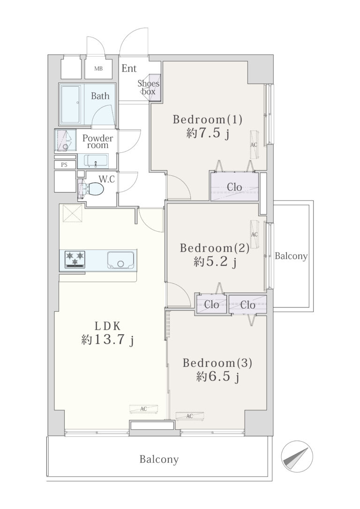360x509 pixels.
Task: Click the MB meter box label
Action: tap(98, 69)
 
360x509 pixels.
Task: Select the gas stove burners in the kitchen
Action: tap(75, 259)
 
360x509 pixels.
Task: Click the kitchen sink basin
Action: tap(120, 260)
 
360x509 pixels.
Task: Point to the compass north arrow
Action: tap(296, 457)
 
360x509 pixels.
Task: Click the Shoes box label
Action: tap(148, 87)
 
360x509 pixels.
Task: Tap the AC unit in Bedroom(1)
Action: tap(254, 144)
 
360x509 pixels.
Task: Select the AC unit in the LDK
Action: tap(144, 409)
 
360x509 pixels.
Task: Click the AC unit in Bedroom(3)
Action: tap(190, 416)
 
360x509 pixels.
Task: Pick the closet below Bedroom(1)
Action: tap(234, 187)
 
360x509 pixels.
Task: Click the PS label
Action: tap(64, 165)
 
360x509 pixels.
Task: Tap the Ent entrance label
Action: tap(129, 68)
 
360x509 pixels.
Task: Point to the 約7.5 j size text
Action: tap(208, 134)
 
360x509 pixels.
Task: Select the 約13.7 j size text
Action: tap(107, 340)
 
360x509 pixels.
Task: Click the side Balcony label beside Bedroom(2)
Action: tap(291, 256)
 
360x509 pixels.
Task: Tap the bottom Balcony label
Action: tap(159, 459)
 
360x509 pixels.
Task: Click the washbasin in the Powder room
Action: tap(96, 161)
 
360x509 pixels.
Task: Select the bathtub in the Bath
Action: tap(70, 104)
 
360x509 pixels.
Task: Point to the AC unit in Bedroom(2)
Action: tap(255, 234)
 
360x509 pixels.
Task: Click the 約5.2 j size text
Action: tap(215, 262)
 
